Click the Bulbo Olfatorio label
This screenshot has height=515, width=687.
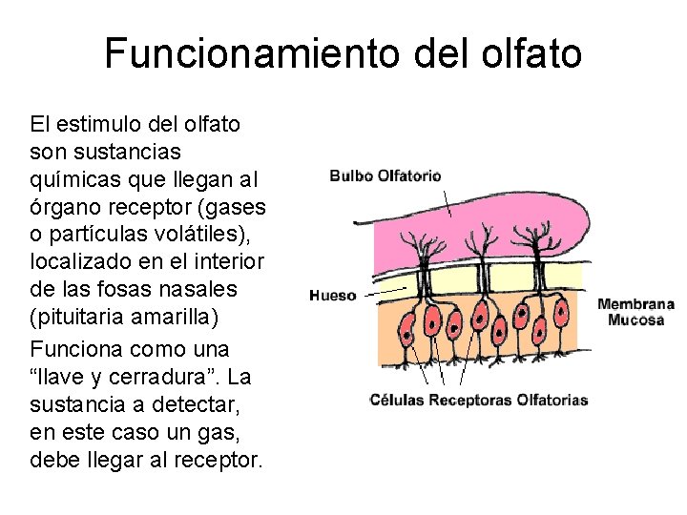pos(385,175)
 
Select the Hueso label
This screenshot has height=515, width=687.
pos(333,296)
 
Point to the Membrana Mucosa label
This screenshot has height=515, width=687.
pos(635,313)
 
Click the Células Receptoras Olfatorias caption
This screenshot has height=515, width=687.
pos(478,400)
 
